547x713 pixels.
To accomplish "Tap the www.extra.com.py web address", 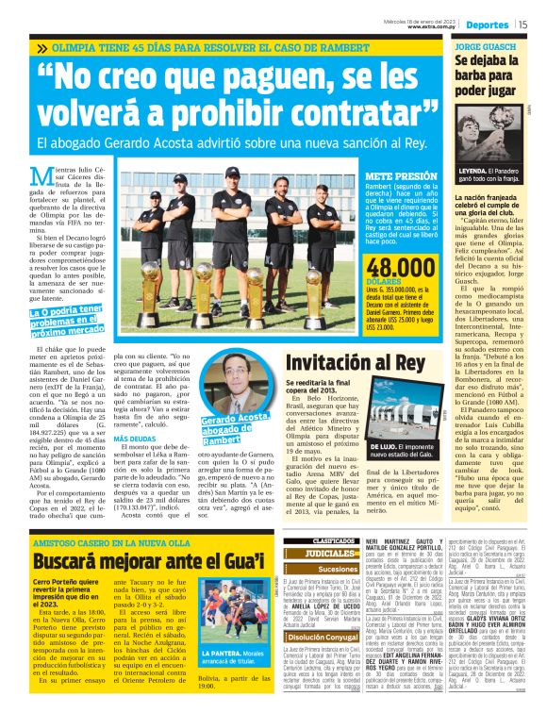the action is pos(432,26).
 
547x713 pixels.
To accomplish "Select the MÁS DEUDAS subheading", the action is pos(135,439).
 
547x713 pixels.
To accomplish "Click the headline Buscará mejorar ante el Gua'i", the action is pos(146,565).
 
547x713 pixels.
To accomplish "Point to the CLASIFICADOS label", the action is pos(313,541).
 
